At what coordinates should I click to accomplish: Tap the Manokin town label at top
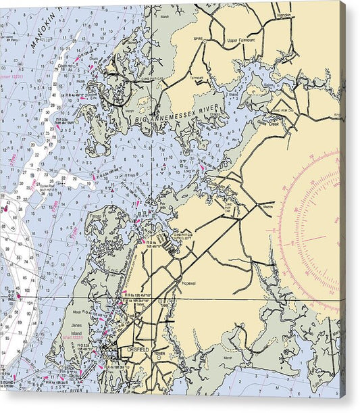point(284,14)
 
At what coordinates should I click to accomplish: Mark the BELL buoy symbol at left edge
point(19,295)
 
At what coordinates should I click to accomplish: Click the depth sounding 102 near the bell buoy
point(7,306)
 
